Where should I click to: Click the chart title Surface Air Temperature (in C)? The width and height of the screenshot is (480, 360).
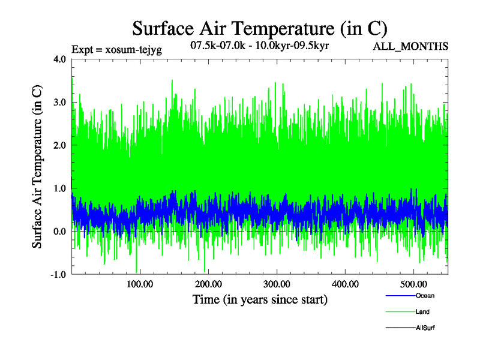click(260, 28)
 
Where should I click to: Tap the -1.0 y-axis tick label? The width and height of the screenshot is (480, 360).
click(58, 275)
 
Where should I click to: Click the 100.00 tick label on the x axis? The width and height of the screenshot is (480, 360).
click(139, 284)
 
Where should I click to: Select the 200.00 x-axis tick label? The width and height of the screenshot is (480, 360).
click(208, 284)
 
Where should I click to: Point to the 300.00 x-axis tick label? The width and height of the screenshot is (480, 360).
click(277, 284)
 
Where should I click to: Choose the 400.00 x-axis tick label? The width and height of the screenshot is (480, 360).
click(345, 284)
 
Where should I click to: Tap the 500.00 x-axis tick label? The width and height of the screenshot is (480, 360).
click(413, 284)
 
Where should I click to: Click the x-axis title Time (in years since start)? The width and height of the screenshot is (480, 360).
click(260, 299)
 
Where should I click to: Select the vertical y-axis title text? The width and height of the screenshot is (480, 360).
click(37, 167)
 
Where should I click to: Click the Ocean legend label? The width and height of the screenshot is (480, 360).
click(425, 296)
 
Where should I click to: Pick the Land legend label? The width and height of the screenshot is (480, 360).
click(422, 312)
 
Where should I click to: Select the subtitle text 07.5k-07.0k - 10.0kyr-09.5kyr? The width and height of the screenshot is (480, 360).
click(259, 46)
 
